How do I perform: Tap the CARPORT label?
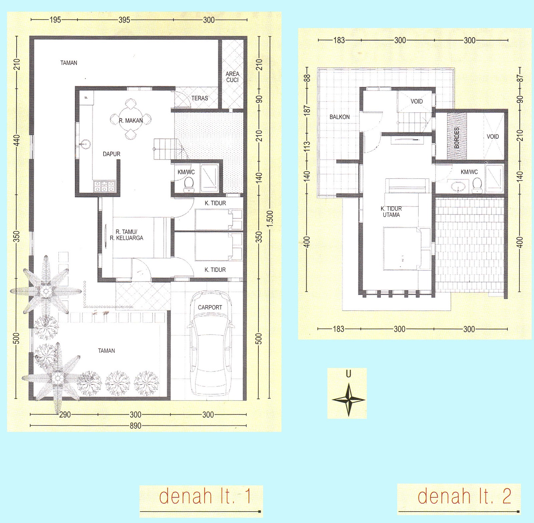point(210,307)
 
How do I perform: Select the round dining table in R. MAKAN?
point(131,119)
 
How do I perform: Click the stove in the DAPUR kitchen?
point(104,186)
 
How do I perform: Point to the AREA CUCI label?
point(232,77)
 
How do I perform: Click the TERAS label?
point(200,98)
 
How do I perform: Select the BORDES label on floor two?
point(457,137)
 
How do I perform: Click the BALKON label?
point(339,117)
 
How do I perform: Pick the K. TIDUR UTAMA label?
point(391,212)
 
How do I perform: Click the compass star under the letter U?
point(348,399)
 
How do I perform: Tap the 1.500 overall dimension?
point(270,218)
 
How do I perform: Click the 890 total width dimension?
point(135,426)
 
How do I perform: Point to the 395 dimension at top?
point(124,20)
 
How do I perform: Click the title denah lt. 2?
point(464,496)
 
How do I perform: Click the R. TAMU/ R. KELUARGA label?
point(126,235)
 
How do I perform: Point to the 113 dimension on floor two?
point(307,146)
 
